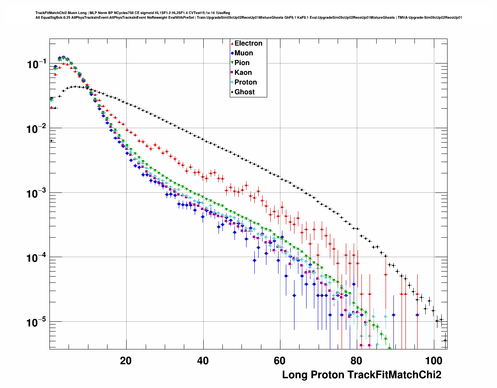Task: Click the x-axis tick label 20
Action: [x=126, y=361]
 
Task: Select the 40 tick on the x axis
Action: [x=203, y=361]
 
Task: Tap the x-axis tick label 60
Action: [x=280, y=361]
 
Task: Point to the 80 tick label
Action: [x=356, y=361]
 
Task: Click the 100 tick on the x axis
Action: [x=434, y=361]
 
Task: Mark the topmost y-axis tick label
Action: [x=37, y=64]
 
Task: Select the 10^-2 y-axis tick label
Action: [x=37, y=129]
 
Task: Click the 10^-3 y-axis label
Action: [x=37, y=193]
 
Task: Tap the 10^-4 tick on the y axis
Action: [x=37, y=257]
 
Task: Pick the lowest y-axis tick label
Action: [x=37, y=322]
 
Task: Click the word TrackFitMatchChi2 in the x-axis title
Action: [x=394, y=375]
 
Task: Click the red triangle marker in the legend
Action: [x=232, y=44]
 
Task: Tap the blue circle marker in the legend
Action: [x=232, y=53]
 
